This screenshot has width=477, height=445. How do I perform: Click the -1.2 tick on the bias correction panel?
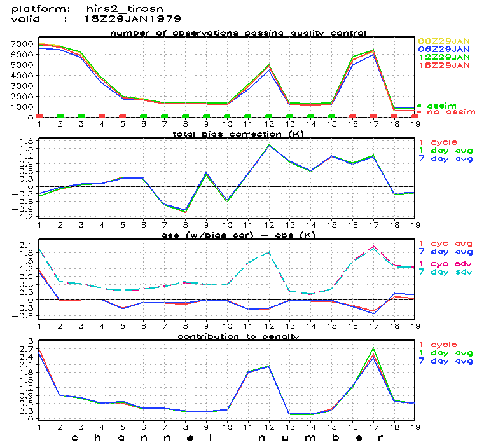tap(24, 217)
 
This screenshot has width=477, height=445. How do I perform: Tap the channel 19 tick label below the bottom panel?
tap(415, 425)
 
